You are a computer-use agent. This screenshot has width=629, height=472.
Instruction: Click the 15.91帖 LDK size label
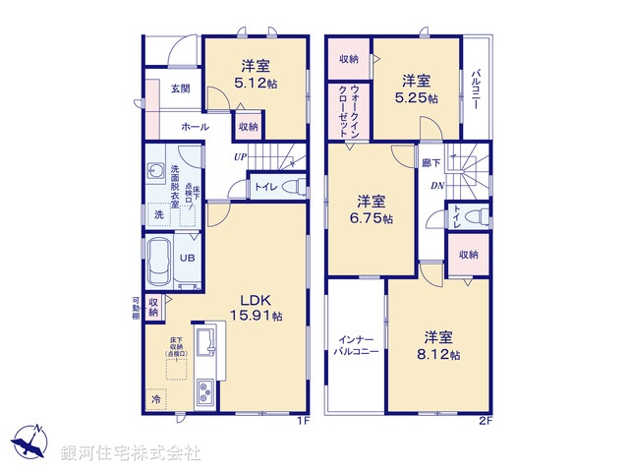click(257, 317)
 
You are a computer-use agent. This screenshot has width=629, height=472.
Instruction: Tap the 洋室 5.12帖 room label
click(257, 75)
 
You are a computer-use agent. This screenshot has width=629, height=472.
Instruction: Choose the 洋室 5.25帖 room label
click(417, 88)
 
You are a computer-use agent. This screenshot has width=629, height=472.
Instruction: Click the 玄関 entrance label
click(180, 89)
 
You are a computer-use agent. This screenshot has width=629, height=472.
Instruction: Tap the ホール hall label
click(194, 128)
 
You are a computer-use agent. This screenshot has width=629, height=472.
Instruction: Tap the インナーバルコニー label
click(355, 343)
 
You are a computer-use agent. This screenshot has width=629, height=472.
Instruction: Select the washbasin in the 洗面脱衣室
click(156, 172)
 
